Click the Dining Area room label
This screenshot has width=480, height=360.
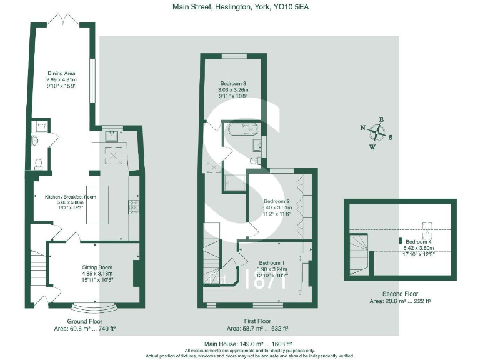[61, 73]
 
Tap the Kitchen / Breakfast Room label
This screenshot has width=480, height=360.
[70, 197]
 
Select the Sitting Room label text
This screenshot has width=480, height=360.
[79, 267]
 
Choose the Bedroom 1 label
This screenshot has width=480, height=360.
[271, 262]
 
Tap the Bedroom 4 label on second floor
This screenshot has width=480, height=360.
[419, 241]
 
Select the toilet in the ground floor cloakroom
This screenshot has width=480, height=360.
[39, 164]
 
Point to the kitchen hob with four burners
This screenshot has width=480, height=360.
[134, 206]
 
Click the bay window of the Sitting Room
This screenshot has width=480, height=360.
[92, 307]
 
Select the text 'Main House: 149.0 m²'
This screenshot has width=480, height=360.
[226, 344]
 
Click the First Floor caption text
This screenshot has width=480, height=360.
[257, 321]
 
